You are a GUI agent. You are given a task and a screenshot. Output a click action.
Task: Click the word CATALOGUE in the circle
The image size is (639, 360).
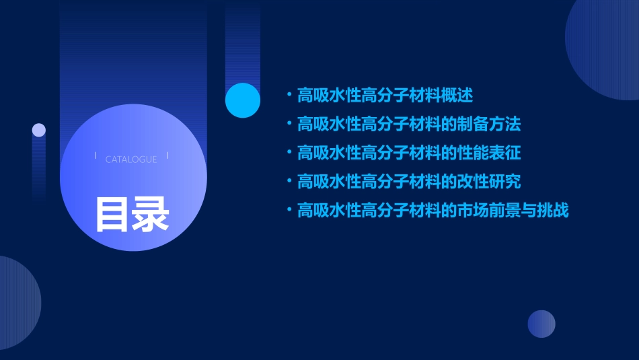point(131,159)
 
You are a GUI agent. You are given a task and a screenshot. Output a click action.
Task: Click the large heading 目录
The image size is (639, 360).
point(132,214)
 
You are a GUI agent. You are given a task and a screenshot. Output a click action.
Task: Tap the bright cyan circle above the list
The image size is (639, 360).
point(243,100)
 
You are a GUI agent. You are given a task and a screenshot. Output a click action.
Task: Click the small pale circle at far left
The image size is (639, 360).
point(39,130)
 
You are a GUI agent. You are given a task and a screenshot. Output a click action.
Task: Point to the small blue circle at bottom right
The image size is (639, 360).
point(541,324)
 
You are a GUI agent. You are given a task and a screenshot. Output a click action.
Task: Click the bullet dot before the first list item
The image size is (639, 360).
point(289,96)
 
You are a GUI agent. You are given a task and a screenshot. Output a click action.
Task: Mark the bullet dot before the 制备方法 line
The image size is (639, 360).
point(289,124)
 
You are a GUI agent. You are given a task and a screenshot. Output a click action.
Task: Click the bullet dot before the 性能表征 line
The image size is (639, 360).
point(289,153)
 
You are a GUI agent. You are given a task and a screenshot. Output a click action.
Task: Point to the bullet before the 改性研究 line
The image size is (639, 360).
point(289,182)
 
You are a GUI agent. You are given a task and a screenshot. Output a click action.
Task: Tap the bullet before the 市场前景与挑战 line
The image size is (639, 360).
point(289,211)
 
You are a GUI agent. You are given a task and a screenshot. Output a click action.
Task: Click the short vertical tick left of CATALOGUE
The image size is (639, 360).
point(96,155)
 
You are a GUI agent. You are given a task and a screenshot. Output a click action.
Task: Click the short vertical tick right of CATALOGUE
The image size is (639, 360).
point(167,155)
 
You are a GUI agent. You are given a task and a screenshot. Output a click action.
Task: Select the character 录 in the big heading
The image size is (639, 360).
point(151,214)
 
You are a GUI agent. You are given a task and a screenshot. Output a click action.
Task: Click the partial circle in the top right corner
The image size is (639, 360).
point(605,47)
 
